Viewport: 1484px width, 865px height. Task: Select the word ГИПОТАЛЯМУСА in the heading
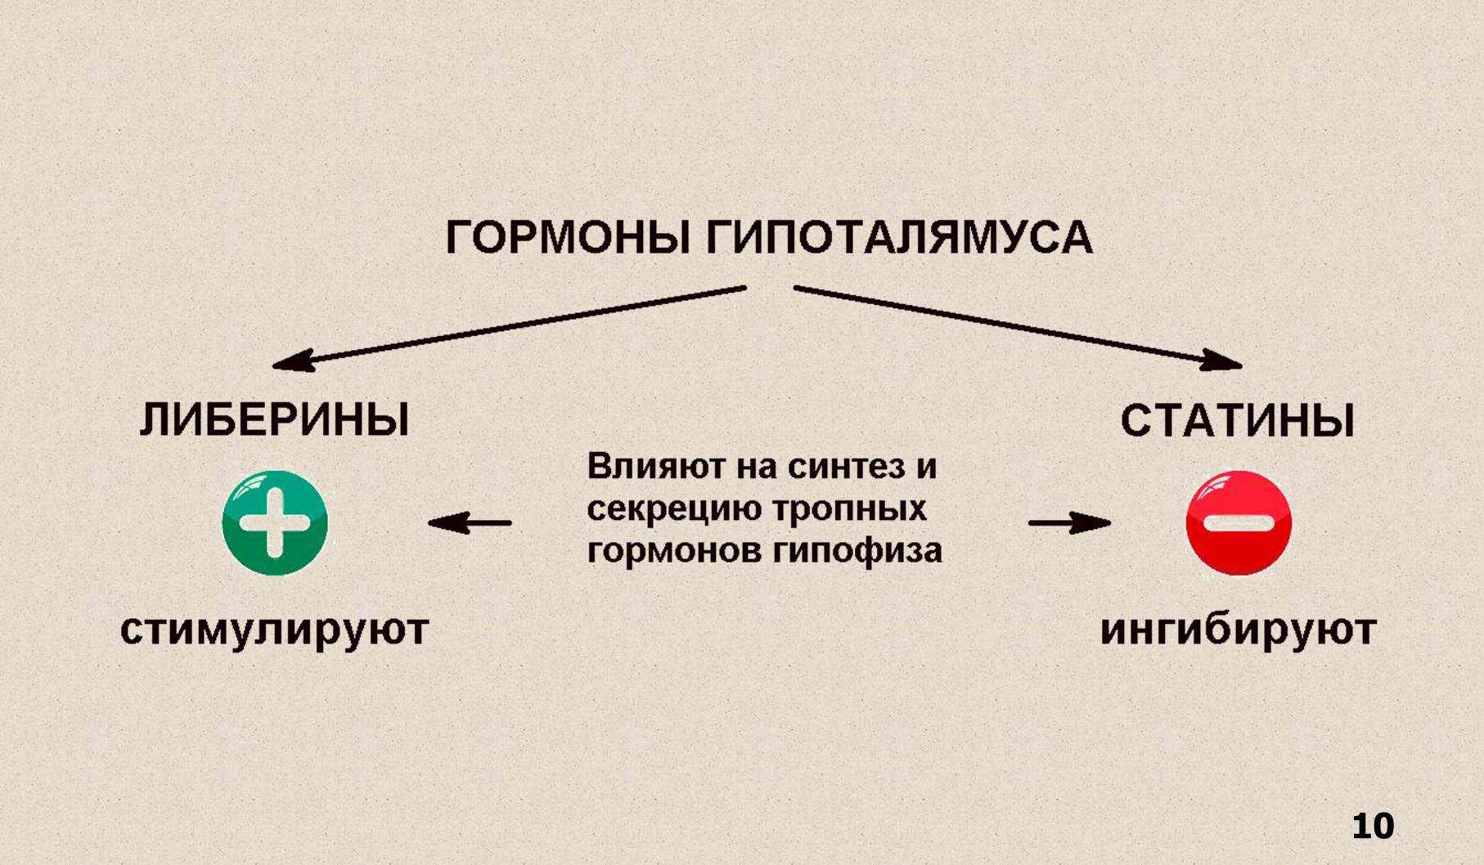899,238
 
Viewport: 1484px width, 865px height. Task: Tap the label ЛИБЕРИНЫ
274,420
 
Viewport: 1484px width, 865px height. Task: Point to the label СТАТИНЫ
1237,421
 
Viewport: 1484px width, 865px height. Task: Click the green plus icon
275,522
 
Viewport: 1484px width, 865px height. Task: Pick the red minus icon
1239,522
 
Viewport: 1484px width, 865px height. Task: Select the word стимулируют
274,630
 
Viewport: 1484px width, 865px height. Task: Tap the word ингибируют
1238,630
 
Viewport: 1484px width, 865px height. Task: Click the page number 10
1372,827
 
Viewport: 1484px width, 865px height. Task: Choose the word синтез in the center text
846,467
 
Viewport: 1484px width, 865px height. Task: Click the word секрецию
673,509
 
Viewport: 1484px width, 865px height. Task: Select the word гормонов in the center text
674,550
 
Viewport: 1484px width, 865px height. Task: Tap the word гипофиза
857,550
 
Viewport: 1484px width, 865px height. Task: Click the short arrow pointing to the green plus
470,522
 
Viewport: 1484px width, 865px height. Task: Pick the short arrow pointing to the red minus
1069,522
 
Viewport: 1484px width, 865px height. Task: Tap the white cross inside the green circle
275,522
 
